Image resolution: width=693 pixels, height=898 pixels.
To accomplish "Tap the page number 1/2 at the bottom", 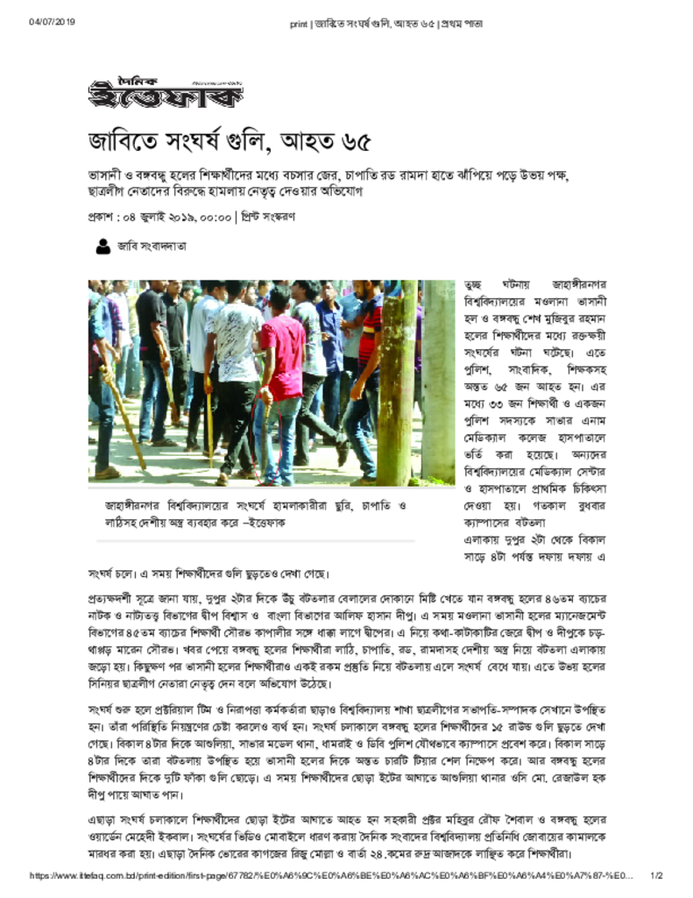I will tap(655, 876).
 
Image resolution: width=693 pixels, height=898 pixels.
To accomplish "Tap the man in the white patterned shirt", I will tap(235, 368).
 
